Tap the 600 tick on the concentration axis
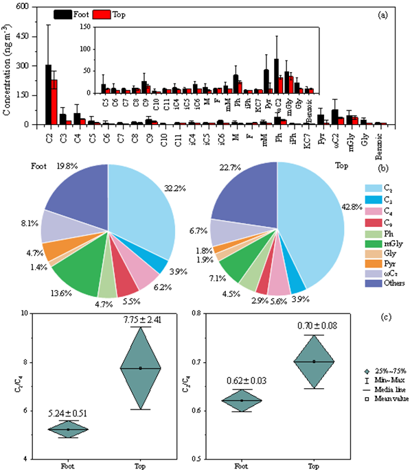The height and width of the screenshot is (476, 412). [x=31, y=6]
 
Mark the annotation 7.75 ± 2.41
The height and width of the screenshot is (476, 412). [x=141, y=319]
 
